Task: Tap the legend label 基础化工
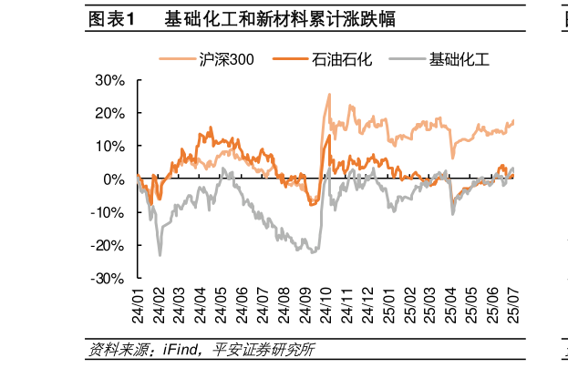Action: pyautogui.click(x=460, y=60)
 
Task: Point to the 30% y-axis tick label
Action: pyautogui.click(x=110, y=80)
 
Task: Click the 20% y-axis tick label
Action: pyautogui.click(x=110, y=113)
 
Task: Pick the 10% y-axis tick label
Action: pyautogui.click(x=110, y=146)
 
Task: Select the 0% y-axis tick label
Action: pyautogui.click(x=115, y=179)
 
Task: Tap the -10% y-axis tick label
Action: pyautogui.click(x=108, y=212)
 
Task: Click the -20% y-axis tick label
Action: pyautogui.click(x=108, y=245)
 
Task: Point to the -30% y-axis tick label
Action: pyautogui.click(x=108, y=278)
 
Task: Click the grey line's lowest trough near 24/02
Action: pyautogui.click(x=160, y=254)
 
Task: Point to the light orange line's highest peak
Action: pyautogui.click(x=328, y=107)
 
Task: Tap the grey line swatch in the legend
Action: pyautogui.click(x=408, y=60)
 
